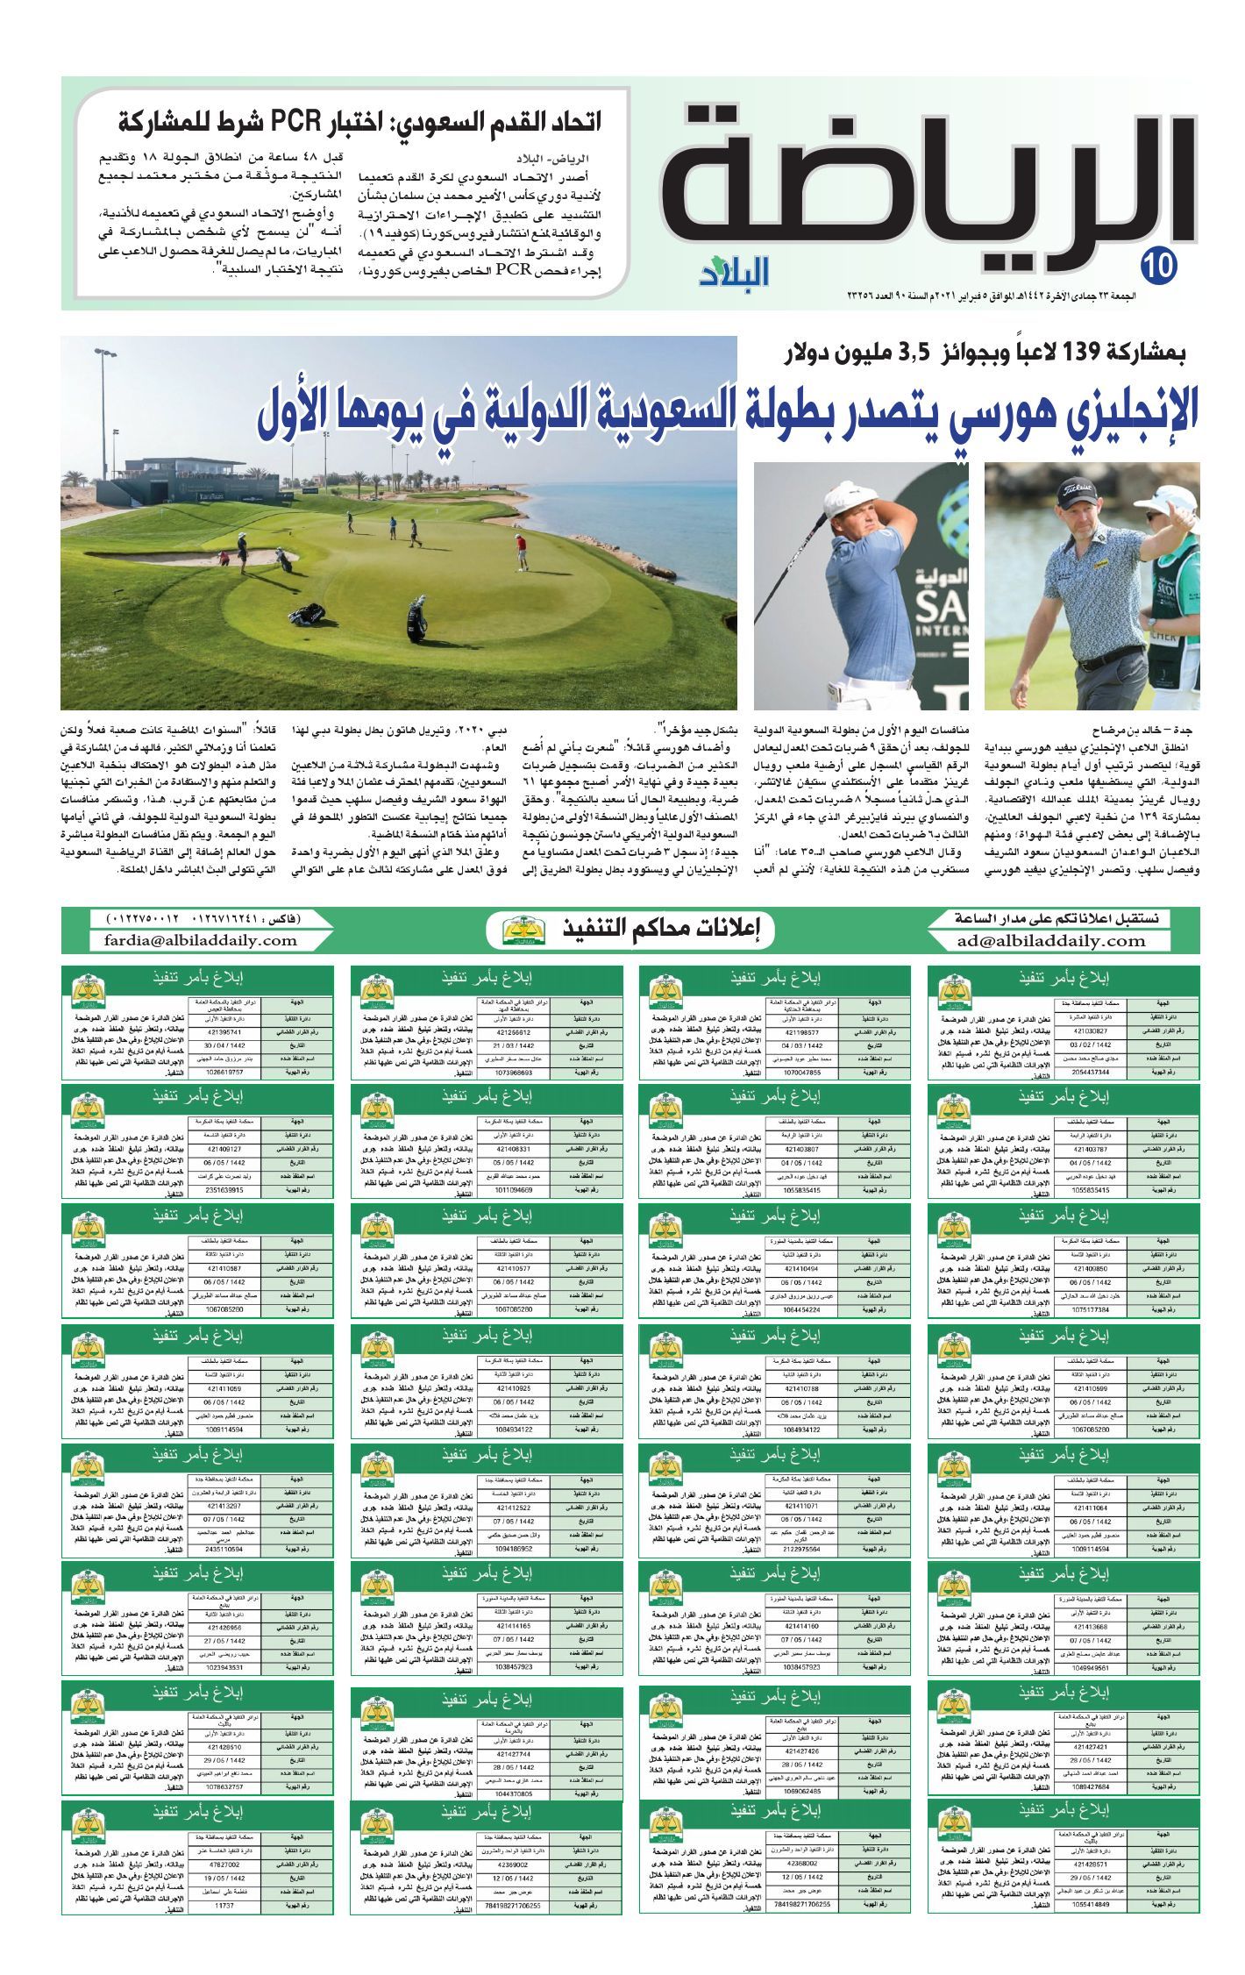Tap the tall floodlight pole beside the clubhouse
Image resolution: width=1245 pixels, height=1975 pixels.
tap(104, 412)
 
